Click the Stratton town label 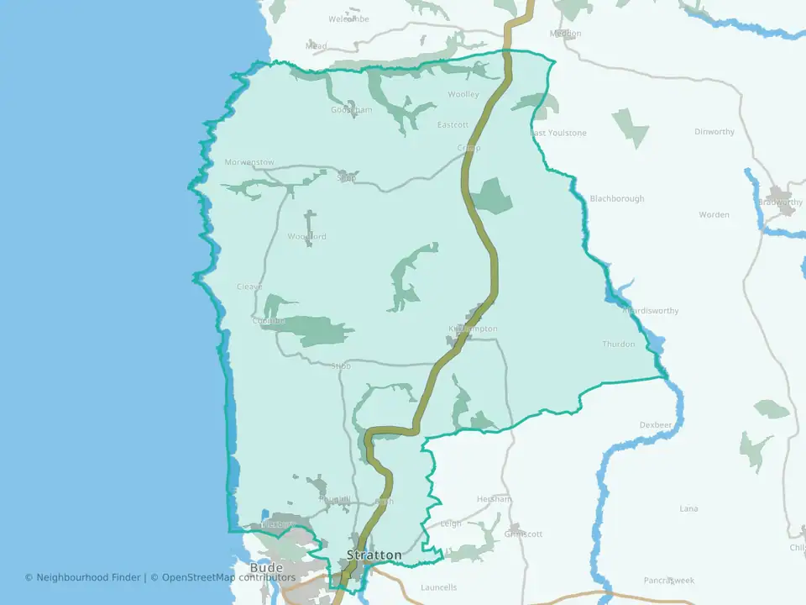point(374,555)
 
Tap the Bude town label point(266,568)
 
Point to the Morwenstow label point(249,162)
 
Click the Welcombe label point(348,18)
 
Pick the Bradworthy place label point(780,203)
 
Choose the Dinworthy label point(714,132)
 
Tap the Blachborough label point(617,199)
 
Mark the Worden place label point(714,215)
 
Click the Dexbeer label point(657,425)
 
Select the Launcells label point(439,587)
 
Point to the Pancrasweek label point(669,581)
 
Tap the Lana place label point(688,509)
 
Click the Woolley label point(463,95)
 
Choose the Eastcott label point(453,125)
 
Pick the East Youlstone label point(557,133)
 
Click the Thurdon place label point(619,345)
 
